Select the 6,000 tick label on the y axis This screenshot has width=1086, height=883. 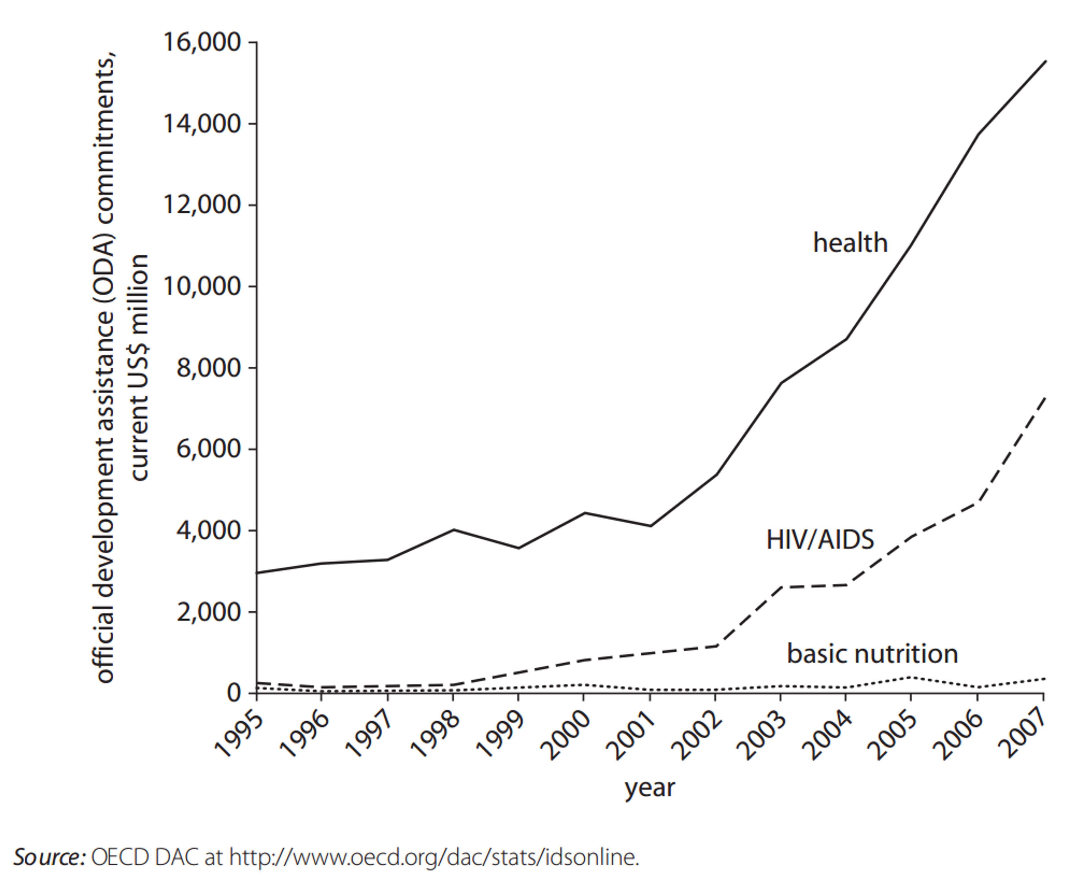208,450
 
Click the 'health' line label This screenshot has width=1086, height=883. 850,243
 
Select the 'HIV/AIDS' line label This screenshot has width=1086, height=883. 820,540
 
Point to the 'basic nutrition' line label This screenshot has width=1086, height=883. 872,654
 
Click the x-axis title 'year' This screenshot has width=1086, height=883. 650,788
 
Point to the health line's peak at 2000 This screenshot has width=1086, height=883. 584,513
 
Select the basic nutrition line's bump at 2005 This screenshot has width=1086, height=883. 911,677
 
